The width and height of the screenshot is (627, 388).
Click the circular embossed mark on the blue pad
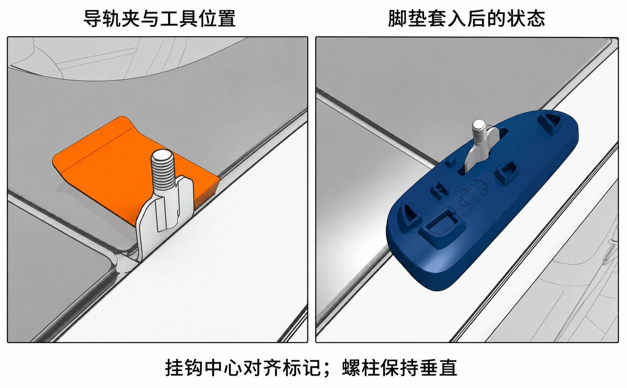tap(473, 193)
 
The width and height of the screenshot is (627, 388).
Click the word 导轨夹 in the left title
tap(112, 18)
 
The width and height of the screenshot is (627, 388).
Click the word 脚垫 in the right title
tap(407, 18)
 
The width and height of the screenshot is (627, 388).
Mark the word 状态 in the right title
tap(526, 18)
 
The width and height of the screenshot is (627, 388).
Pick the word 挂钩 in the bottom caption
tap(184, 368)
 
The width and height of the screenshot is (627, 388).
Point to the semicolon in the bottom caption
tap(328, 370)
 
